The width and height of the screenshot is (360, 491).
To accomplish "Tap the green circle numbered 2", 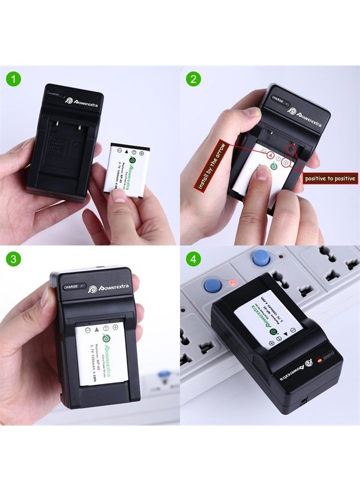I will [x=193, y=80].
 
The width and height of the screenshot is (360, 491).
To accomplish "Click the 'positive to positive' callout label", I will [x=331, y=178].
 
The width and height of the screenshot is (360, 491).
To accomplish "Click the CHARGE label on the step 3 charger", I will [x=71, y=286].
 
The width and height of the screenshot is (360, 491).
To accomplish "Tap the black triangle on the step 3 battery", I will [x=97, y=330].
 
